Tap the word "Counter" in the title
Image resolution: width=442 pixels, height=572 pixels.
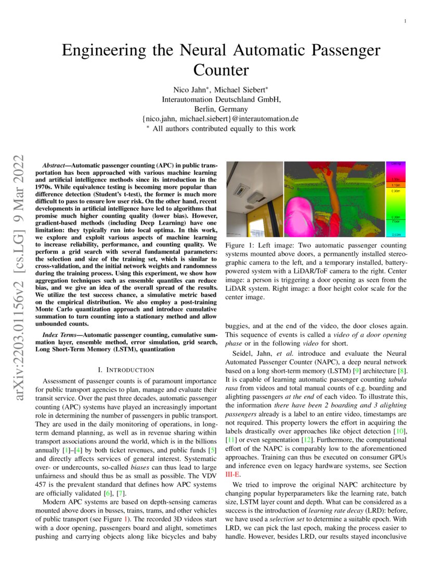tap(221, 70)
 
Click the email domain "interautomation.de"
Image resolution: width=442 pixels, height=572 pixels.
tap(263, 119)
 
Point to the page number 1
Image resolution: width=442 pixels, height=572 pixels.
tap(405, 21)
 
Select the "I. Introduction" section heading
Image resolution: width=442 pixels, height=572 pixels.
tap(126, 370)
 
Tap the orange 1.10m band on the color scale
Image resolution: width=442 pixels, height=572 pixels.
tap(395, 185)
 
